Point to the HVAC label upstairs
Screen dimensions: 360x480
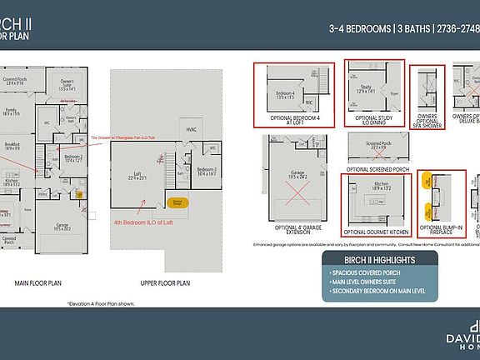(191, 130)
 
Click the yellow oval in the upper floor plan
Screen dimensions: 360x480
(177, 202)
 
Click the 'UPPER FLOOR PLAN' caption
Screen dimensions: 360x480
(165, 282)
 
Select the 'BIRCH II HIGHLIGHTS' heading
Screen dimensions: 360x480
(370, 260)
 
